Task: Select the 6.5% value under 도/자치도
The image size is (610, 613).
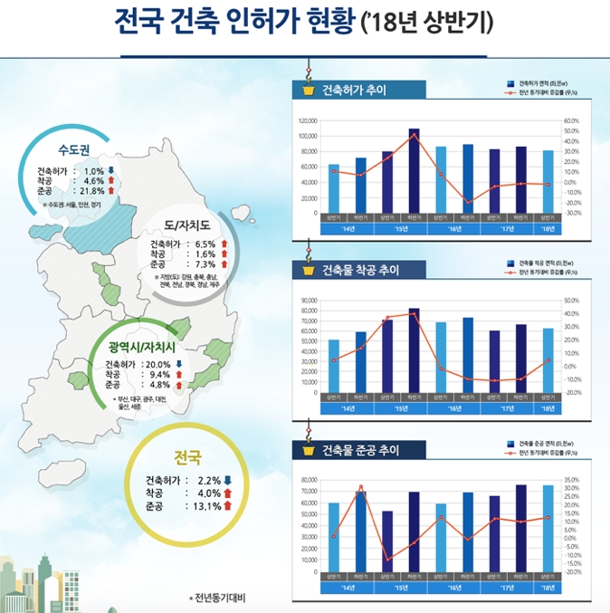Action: [205, 244]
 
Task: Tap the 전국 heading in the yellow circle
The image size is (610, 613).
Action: [186, 456]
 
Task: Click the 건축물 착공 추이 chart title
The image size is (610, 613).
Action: [360, 270]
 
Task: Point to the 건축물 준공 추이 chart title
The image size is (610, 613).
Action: [360, 450]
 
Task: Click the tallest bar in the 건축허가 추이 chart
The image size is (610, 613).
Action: [414, 170]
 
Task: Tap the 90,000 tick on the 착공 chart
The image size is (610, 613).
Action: [308, 301]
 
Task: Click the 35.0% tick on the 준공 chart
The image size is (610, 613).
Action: [571, 480]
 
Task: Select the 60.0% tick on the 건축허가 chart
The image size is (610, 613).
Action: [571, 120]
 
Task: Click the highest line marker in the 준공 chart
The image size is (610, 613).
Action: [360, 487]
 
